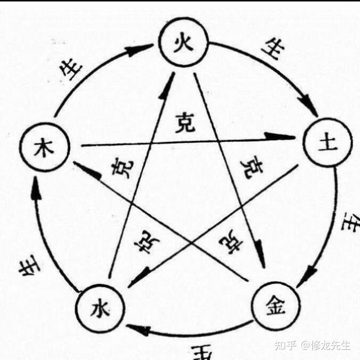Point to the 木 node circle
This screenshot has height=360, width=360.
tap(44, 149)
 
